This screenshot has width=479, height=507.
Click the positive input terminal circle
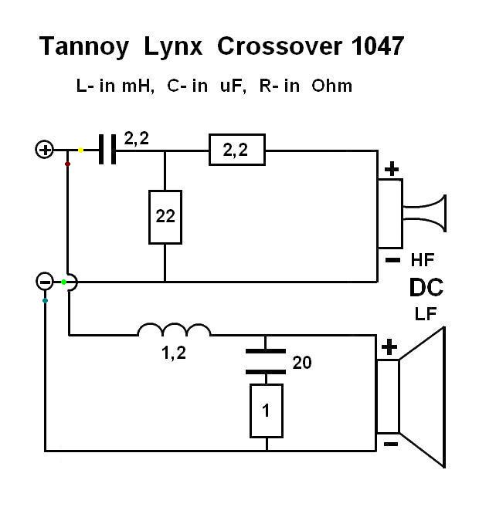[45, 150]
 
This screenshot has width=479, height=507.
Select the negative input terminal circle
[46, 282]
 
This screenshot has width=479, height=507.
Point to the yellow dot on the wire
[81, 149]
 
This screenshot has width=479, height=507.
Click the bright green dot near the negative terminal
[65, 282]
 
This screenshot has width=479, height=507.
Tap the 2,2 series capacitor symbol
[108, 150]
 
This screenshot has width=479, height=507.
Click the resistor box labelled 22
[165, 217]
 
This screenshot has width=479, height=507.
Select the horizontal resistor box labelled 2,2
[236, 150]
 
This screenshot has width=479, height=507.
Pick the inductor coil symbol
[174, 331]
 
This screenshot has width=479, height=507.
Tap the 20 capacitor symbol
[266, 361]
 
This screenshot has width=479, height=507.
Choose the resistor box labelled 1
[266, 411]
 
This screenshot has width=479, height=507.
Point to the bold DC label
[426, 288]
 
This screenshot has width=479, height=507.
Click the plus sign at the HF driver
[392, 169]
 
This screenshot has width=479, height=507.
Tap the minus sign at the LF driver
[390, 444]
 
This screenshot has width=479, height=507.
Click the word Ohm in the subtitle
[332, 86]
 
